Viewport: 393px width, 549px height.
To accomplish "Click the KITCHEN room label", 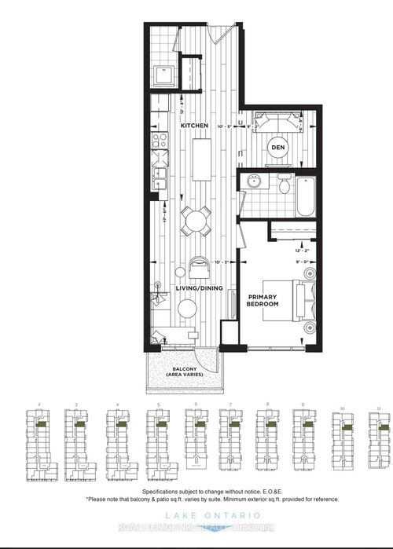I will [194, 126].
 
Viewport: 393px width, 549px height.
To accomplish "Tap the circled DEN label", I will [277, 147].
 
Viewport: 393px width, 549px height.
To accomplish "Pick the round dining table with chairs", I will [195, 221].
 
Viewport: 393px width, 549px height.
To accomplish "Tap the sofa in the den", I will [278, 124].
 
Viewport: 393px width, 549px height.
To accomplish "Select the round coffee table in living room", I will [187, 309].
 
